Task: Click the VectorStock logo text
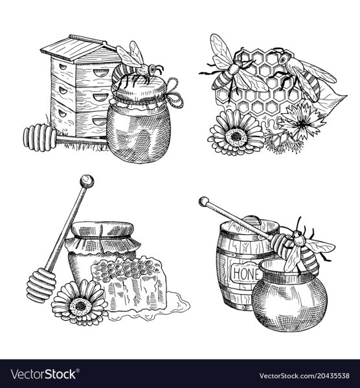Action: point(45,374)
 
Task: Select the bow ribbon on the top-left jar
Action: point(174,94)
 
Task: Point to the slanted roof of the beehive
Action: point(79,48)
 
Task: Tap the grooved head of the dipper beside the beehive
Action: point(39,138)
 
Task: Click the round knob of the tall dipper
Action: point(87,181)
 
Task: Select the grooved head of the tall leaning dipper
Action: point(41,285)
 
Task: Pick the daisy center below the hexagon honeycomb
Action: point(236,135)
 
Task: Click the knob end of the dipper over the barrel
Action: point(204,201)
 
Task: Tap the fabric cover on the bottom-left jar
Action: point(102,237)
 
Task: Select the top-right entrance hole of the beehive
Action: point(101,72)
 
